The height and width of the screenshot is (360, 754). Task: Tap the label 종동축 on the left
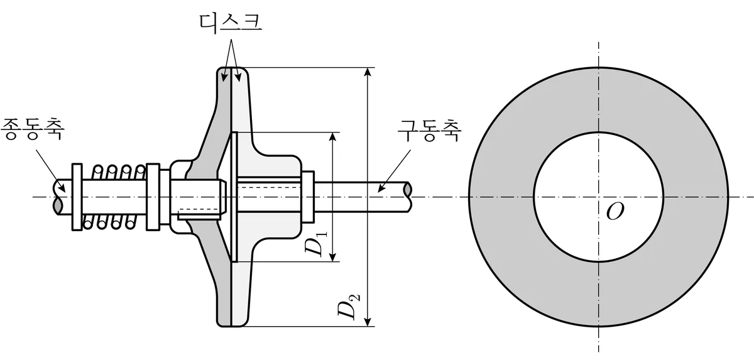pos(32,129)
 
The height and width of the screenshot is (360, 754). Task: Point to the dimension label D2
pos(349,306)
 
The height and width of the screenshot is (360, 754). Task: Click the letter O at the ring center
pos(615,212)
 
